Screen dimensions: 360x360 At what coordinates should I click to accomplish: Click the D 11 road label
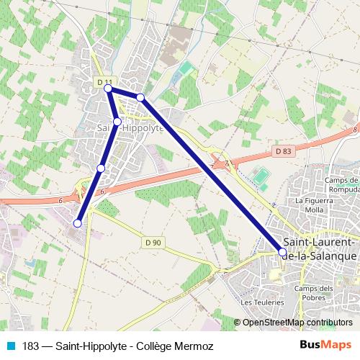click(104, 81)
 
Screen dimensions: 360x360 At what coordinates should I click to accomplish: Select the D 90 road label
click(151, 242)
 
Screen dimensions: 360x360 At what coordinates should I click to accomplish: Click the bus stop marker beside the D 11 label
click(108, 88)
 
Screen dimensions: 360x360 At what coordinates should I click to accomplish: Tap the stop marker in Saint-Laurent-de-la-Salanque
click(282, 251)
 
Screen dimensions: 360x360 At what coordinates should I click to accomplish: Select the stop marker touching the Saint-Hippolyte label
click(117, 122)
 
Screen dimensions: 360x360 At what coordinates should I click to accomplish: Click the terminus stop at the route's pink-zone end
click(77, 223)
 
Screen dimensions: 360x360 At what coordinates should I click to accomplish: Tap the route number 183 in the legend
click(30, 346)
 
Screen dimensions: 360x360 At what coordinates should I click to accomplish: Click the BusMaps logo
click(327, 346)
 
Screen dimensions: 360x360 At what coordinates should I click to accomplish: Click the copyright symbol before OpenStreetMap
click(237, 322)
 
